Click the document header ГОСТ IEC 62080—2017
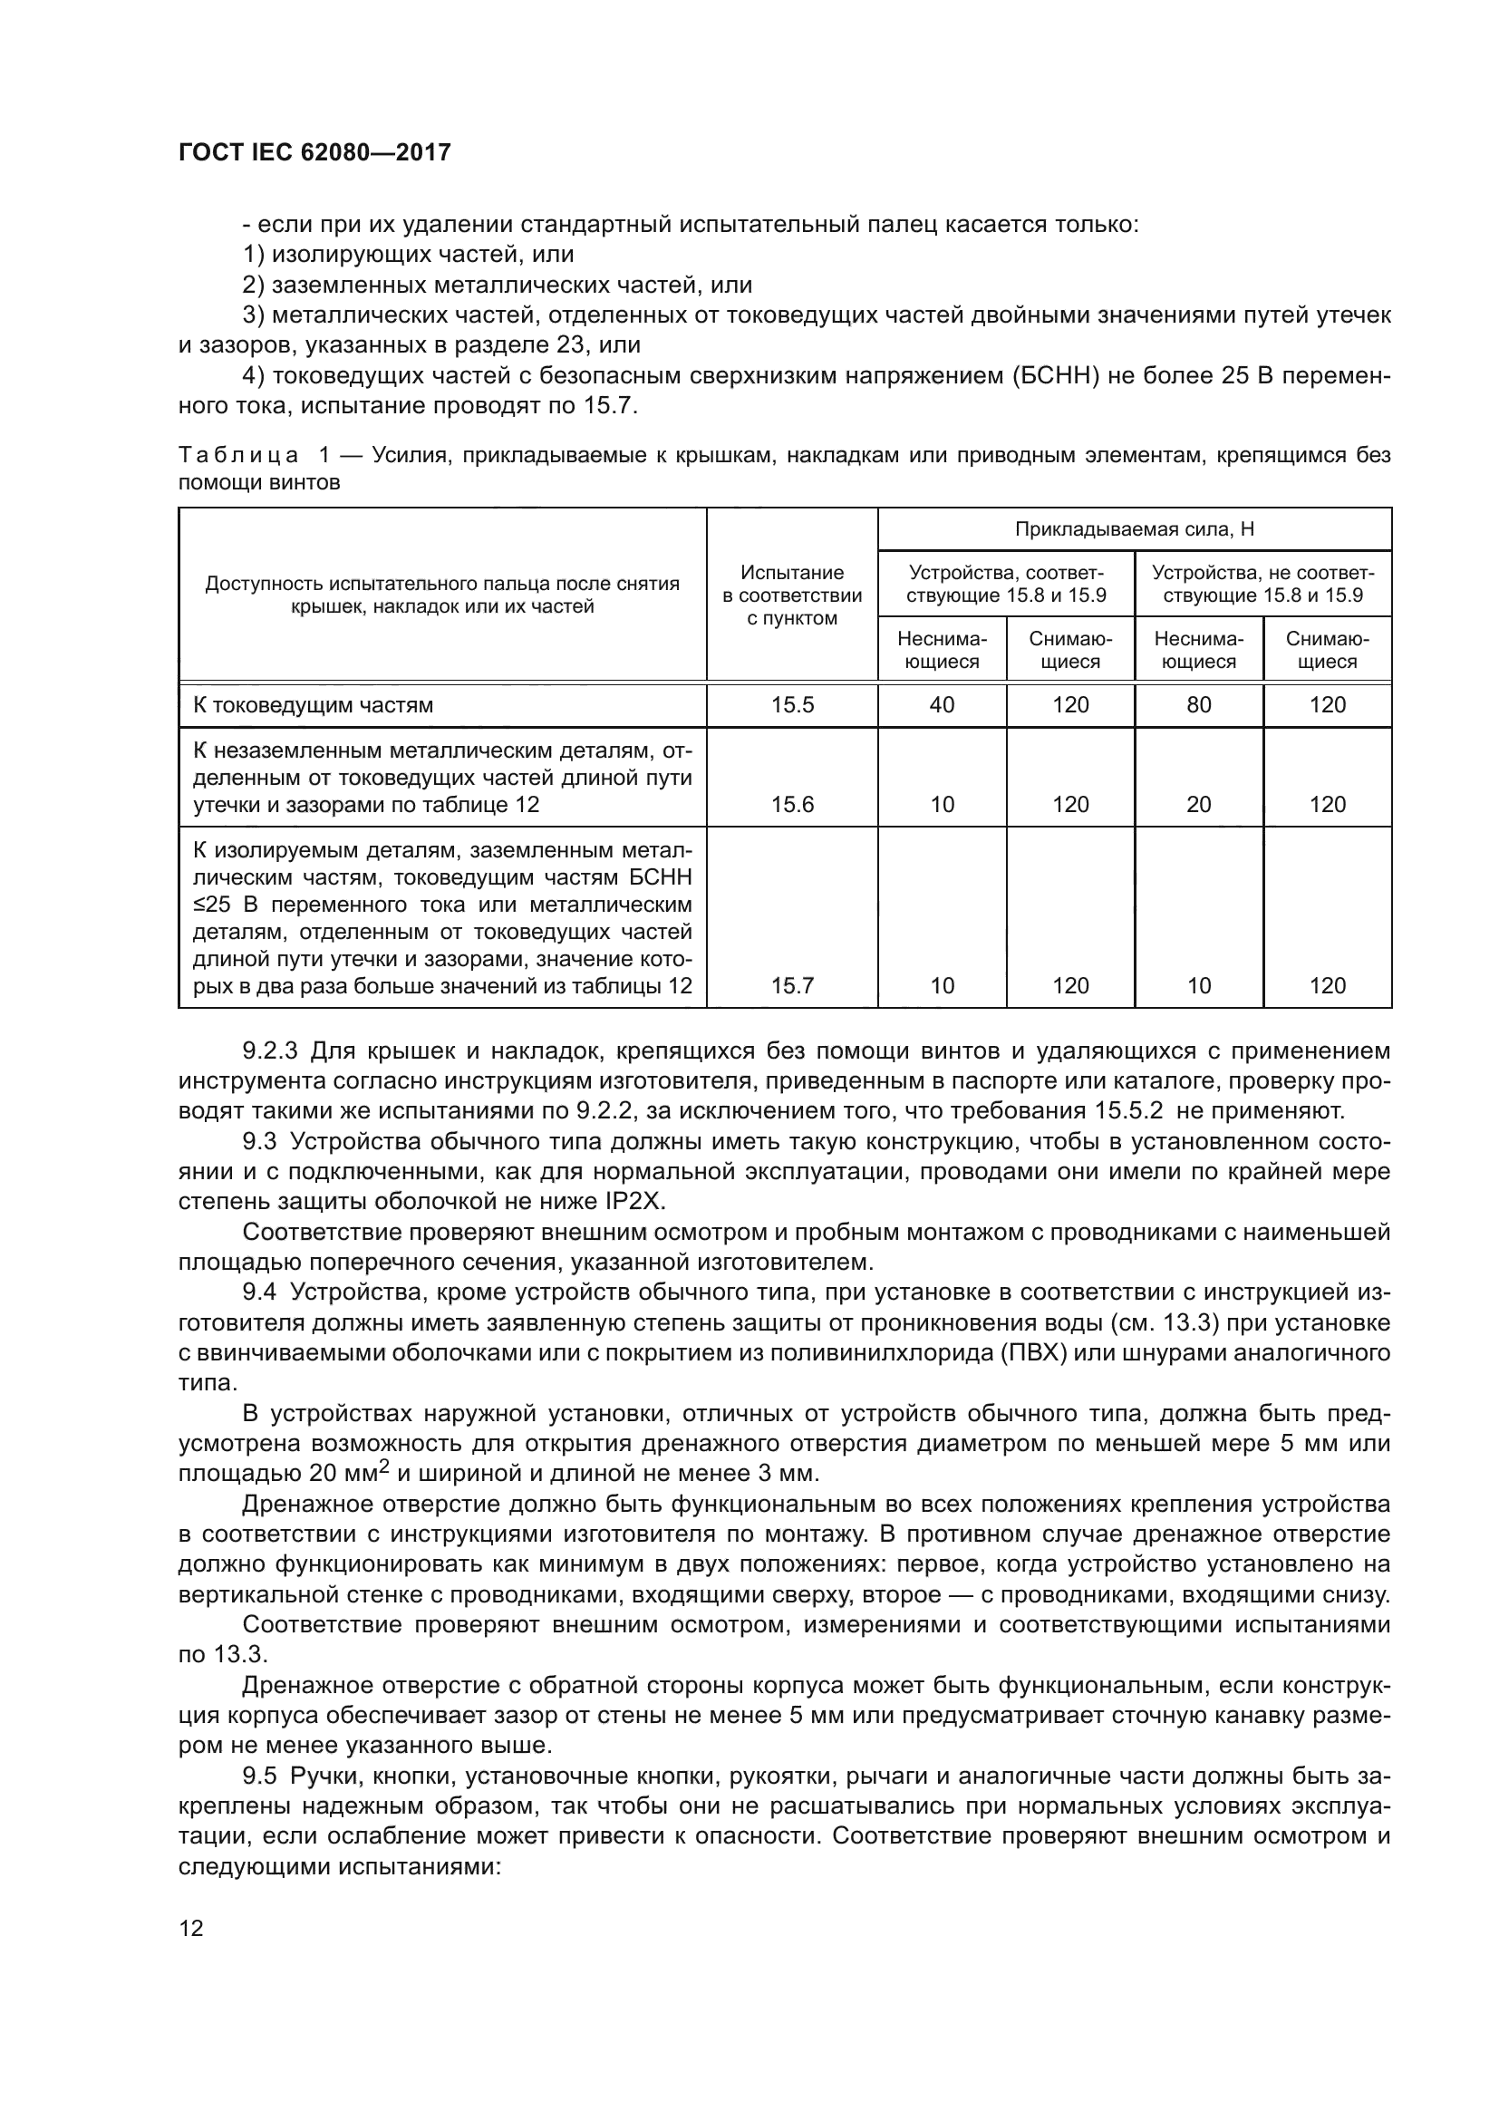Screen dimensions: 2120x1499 (x=314, y=153)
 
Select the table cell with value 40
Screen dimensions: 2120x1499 (x=942, y=705)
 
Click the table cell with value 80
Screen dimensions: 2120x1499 (x=1198, y=705)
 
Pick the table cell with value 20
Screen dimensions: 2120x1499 (x=1198, y=804)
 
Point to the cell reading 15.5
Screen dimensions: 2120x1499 (x=792, y=705)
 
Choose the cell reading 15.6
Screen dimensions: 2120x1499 (x=792, y=804)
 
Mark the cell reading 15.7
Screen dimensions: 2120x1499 (x=792, y=985)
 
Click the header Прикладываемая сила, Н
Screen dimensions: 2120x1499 (x=1134, y=529)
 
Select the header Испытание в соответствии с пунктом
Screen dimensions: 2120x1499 (x=792, y=595)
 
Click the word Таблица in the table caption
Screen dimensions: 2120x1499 (x=238, y=455)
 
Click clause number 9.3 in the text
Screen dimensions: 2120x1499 (x=259, y=1142)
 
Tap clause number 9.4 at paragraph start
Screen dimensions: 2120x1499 (x=259, y=1292)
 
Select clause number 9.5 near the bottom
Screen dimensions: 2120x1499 (x=259, y=1776)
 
